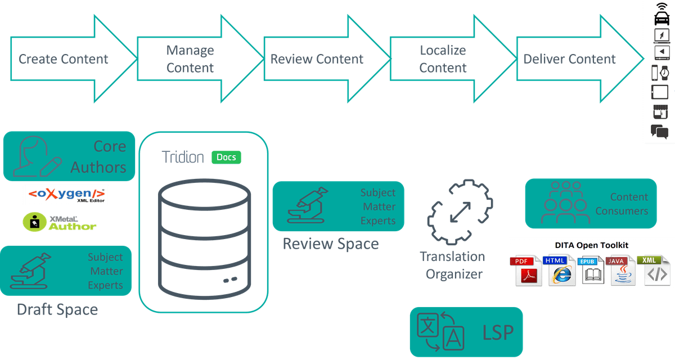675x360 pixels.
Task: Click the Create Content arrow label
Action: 64,59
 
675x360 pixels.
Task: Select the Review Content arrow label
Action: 317,59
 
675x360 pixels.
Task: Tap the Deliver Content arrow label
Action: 570,59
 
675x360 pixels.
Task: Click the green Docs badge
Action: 226,157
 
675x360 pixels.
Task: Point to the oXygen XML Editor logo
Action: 66,195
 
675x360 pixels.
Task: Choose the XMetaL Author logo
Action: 60,222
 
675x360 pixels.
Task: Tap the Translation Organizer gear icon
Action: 460,213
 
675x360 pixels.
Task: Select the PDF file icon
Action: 525,271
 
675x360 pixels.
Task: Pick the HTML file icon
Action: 559,271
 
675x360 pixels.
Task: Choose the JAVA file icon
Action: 623,271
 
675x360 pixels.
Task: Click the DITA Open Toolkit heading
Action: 591,245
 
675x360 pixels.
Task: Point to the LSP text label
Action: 498,332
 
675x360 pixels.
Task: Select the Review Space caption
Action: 330,244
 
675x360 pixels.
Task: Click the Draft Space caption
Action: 57,309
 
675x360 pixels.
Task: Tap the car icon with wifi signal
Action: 661,14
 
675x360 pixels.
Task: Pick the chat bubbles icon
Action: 659,132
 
